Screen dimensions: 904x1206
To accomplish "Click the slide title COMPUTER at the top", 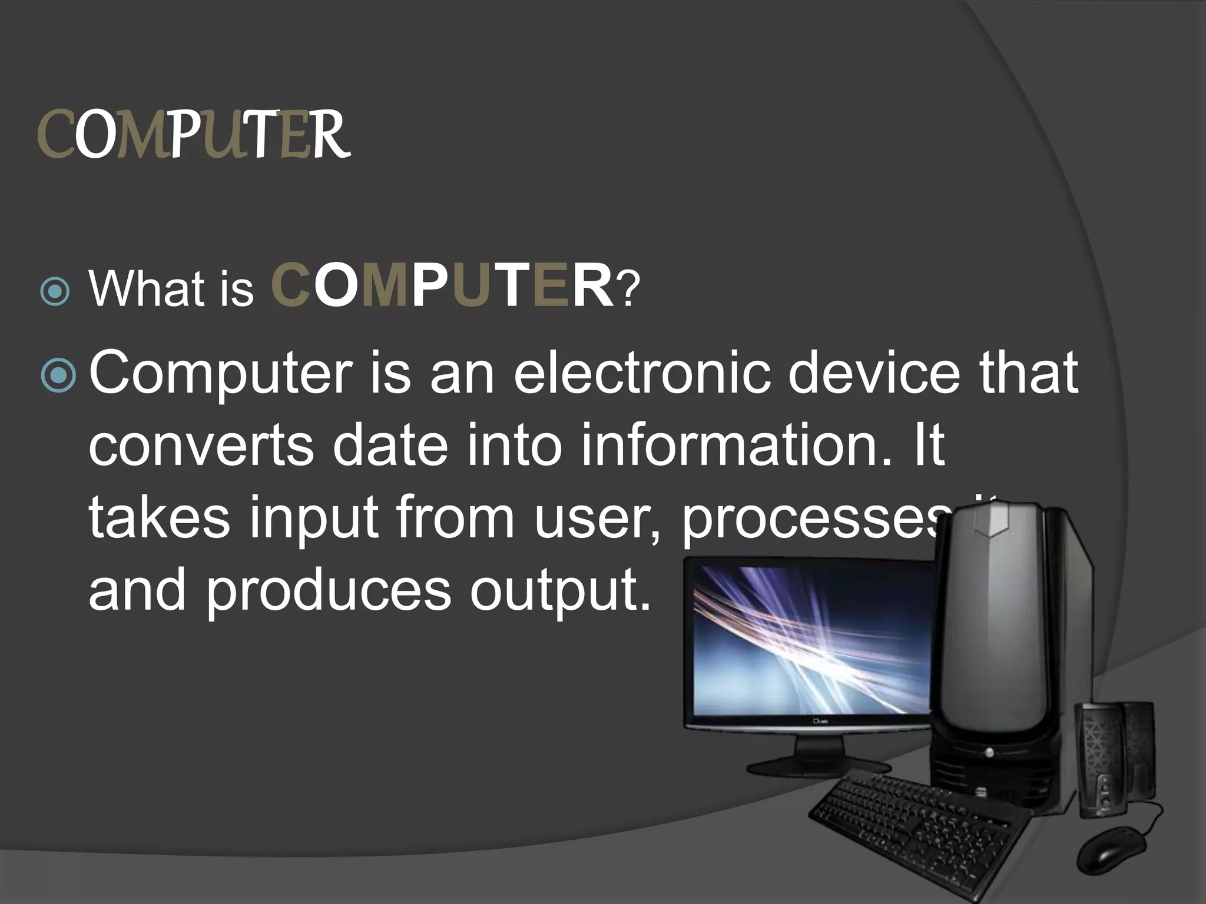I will click(x=194, y=135).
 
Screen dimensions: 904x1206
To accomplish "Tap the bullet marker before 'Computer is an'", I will click(x=59, y=378).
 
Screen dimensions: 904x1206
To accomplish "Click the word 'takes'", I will click(x=159, y=518).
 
